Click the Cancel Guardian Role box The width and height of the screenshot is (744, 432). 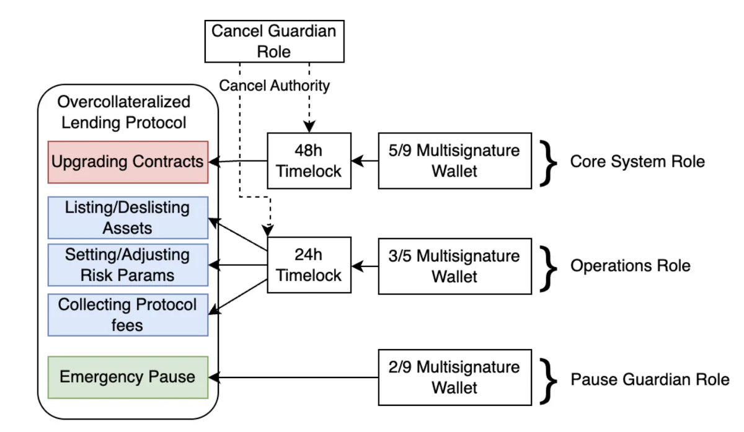click(274, 41)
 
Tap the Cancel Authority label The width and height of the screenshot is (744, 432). click(274, 86)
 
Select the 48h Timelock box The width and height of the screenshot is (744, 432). click(309, 161)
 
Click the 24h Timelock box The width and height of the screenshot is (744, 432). click(309, 265)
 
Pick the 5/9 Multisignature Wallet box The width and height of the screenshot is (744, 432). click(454, 161)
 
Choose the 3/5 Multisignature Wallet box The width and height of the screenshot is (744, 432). click(454, 265)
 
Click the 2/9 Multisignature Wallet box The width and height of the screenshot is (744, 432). click(454, 377)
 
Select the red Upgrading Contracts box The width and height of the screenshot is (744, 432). click(128, 162)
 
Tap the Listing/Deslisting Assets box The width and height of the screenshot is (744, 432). click(128, 218)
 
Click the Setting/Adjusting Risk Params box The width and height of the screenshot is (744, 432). click(128, 265)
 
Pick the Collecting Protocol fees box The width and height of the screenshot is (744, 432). click(128, 314)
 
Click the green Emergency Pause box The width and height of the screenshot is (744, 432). click(128, 377)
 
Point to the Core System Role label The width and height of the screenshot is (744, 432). click(637, 162)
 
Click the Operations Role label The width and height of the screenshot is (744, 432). click(630, 266)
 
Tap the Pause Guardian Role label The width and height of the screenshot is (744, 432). click(649, 379)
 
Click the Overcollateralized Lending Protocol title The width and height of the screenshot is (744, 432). click(124, 112)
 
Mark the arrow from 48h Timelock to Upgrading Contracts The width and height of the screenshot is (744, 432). click(238, 162)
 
